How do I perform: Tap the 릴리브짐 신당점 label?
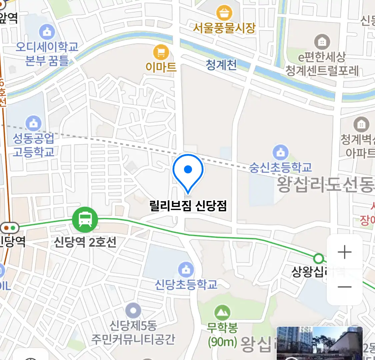(x=188, y=205)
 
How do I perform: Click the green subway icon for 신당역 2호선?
(x=85, y=220)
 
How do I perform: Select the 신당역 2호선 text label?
(x=85, y=242)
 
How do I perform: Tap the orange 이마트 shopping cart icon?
(x=161, y=53)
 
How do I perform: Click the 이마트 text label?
(x=161, y=67)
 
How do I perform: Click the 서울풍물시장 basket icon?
(x=224, y=14)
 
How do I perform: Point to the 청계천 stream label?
(x=221, y=65)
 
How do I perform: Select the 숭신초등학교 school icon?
(x=281, y=153)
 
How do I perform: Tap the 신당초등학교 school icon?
(x=186, y=269)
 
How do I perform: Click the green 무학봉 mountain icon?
(x=222, y=313)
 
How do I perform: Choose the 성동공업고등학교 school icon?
(x=34, y=123)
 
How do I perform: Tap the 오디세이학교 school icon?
(x=47, y=32)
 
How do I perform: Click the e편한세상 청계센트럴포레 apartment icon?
(x=322, y=42)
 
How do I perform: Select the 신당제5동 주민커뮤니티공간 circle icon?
(x=133, y=311)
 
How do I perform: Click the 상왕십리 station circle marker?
(x=319, y=258)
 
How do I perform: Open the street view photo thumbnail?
(x=319, y=343)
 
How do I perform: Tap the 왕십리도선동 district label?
(x=325, y=184)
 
